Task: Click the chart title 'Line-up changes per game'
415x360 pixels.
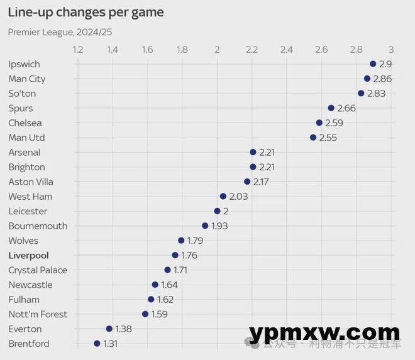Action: pyautogui.click(x=86, y=12)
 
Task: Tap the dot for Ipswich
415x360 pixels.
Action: pyautogui.click(x=373, y=64)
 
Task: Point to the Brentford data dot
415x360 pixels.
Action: pyautogui.click(x=97, y=344)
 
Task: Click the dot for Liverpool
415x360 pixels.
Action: pyautogui.click(x=175, y=255)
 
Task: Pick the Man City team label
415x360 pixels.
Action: pyautogui.click(x=27, y=79)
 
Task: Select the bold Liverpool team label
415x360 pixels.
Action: pyautogui.click(x=28, y=256)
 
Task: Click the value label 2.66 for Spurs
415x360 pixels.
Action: pyautogui.click(x=346, y=108)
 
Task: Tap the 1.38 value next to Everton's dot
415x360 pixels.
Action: pyautogui.click(x=124, y=329)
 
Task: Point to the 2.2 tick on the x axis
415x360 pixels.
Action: pyautogui.click(x=252, y=49)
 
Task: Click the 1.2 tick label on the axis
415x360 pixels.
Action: pyautogui.click(x=78, y=49)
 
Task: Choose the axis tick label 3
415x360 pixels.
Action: pyautogui.click(x=391, y=49)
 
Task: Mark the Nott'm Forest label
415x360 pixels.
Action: pyautogui.click(x=38, y=314)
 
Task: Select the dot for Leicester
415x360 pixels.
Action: pyautogui.click(x=218, y=211)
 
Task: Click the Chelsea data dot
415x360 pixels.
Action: pyautogui.click(x=319, y=123)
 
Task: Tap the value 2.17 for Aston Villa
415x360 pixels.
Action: pyautogui.click(x=262, y=182)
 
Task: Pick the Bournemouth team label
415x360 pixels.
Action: pyautogui.click(x=38, y=226)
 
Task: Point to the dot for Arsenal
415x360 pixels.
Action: pyautogui.click(x=253, y=152)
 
